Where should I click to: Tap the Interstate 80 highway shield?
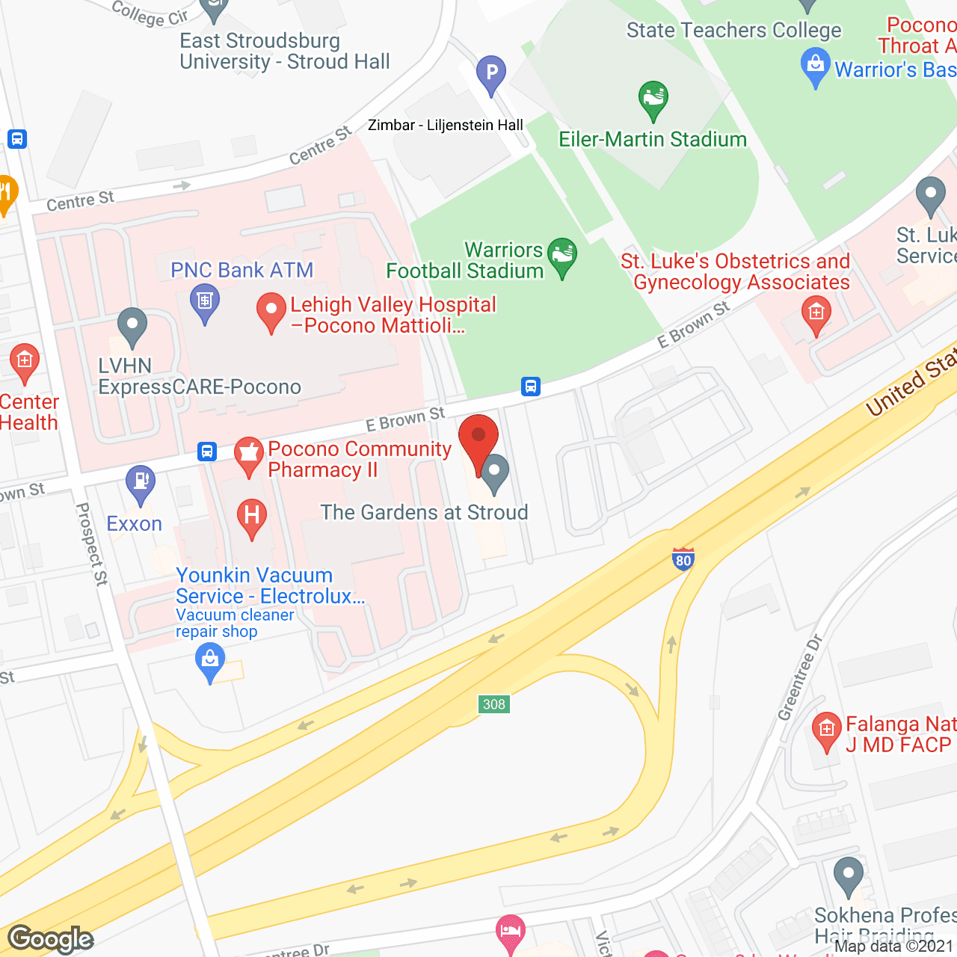(683, 559)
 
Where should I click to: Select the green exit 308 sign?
(494, 704)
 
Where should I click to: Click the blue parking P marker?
(491, 74)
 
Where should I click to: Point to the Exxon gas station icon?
(141, 482)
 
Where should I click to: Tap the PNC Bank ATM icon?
(205, 303)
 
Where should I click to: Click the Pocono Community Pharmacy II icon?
(249, 455)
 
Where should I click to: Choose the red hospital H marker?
(252, 517)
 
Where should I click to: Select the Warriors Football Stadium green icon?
(562, 256)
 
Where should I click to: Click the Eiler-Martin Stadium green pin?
(653, 99)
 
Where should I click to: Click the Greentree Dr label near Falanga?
(800, 677)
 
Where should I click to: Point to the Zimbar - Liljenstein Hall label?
(445, 125)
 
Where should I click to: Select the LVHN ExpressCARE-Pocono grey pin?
(132, 326)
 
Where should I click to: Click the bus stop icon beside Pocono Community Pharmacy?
(207, 452)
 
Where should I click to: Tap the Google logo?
(51, 939)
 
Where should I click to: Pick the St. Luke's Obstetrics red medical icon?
(816, 313)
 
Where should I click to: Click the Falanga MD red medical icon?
(826, 730)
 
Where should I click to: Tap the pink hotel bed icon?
(511, 932)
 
